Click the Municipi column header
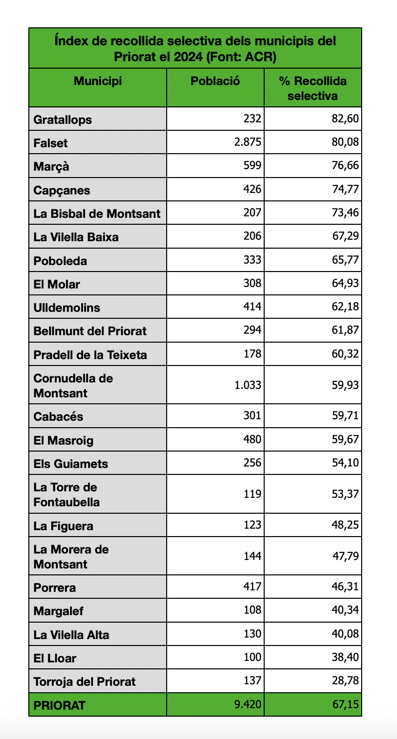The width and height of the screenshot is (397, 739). (98, 81)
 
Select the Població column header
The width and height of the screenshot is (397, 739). (215, 81)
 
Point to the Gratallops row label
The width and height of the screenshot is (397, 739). (63, 120)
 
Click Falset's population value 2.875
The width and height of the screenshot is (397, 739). (248, 142)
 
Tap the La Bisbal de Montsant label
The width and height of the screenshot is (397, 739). (97, 214)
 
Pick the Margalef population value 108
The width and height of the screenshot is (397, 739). (252, 610)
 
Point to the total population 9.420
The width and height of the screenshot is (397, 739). (248, 704)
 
